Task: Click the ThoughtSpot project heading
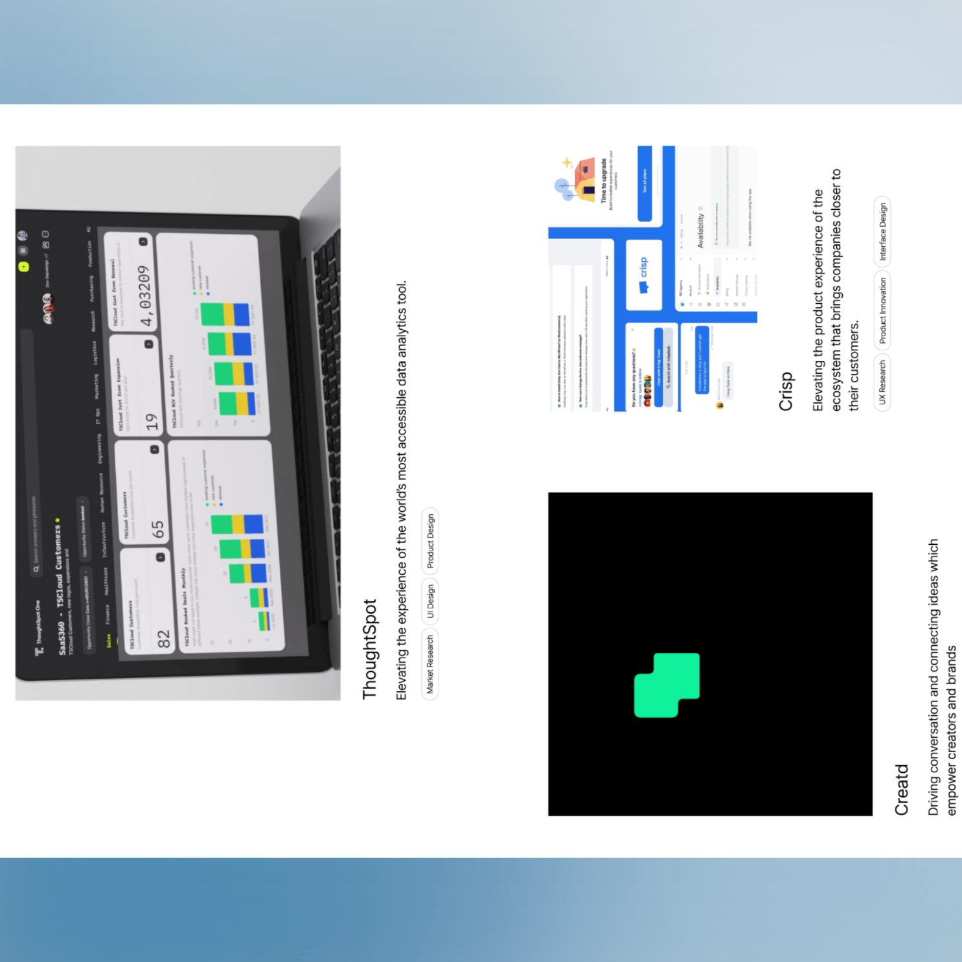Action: tap(370, 649)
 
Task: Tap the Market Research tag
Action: tap(430, 665)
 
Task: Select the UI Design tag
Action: tap(430, 601)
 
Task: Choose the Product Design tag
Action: tap(430, 542)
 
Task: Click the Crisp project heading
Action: tap(786, 391)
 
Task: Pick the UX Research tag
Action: tap(882, 382)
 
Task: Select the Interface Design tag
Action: tap(882, 231)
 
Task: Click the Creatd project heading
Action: tap(902, 789)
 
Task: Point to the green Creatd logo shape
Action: tap(667, 685)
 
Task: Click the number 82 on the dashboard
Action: tap(164, 639)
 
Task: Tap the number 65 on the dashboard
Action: tap(158, 529)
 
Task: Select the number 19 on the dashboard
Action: tap(152, 422)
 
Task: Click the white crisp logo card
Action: tap(644, 275)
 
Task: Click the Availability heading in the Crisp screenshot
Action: tap(700, 230)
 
